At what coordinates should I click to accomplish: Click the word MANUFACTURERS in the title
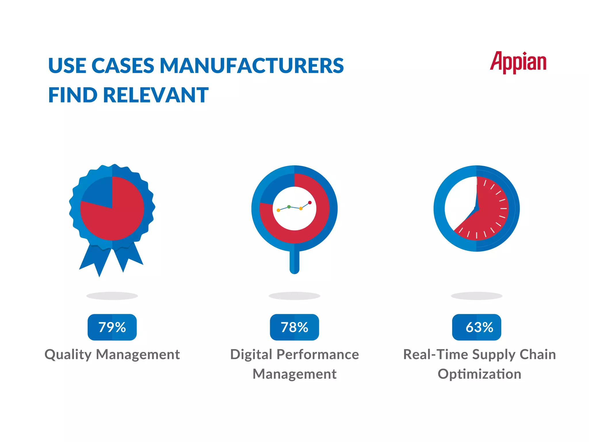click(x=252, y=66)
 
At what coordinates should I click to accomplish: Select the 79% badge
click(x=112, y=327)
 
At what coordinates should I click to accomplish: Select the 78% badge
click(x=294, y=327)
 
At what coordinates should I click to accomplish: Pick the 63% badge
click(x=477, y=327)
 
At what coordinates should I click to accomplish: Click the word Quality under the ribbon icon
click(x=68, y=355)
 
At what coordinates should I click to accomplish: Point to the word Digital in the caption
click(x=251, y=355)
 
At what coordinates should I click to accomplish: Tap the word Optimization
click(x=479, y=374)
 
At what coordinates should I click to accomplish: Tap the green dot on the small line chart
click(x=289, y=207)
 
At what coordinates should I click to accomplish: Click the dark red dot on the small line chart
click(x=310, y=203)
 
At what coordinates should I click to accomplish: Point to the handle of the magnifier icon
click(x=294, y=262)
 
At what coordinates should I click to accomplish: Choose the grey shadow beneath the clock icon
click(x=477, y=296)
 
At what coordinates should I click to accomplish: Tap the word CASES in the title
click(x=123, y=66)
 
